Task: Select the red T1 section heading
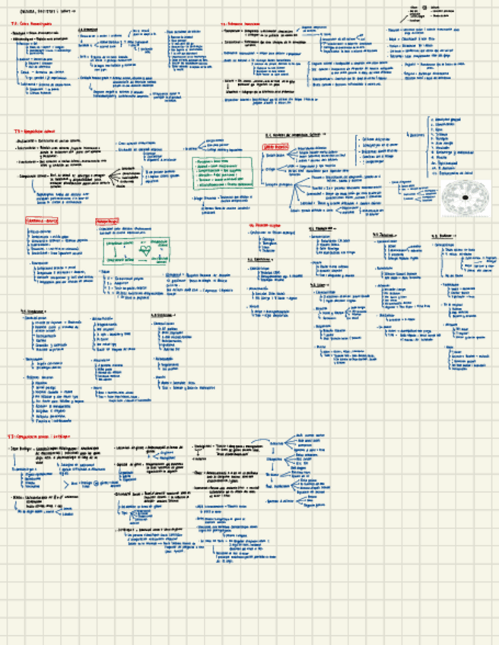28,24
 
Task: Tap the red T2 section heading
239,24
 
